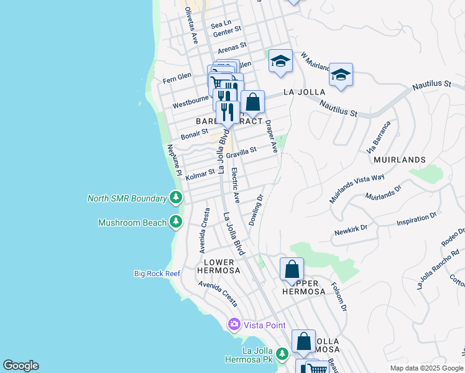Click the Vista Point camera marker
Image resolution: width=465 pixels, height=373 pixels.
pos(234,325)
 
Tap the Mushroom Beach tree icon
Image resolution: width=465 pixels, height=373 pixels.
pos(177,222)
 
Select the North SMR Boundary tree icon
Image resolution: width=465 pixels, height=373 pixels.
pos(177,198)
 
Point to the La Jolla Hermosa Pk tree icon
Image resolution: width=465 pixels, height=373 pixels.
pos(282,354)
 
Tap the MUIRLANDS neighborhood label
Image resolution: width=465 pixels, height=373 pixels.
pos(400,160)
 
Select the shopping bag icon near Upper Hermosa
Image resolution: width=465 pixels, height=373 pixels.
pos(292,270)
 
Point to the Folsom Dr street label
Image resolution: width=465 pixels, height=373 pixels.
pos(341,297)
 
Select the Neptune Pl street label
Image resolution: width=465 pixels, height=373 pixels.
pos(173,159)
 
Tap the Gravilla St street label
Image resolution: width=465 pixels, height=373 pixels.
pos(241,152)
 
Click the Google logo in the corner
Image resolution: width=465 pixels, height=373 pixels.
pos(21,366)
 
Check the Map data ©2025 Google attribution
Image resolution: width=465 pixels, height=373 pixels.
pos(426,368)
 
